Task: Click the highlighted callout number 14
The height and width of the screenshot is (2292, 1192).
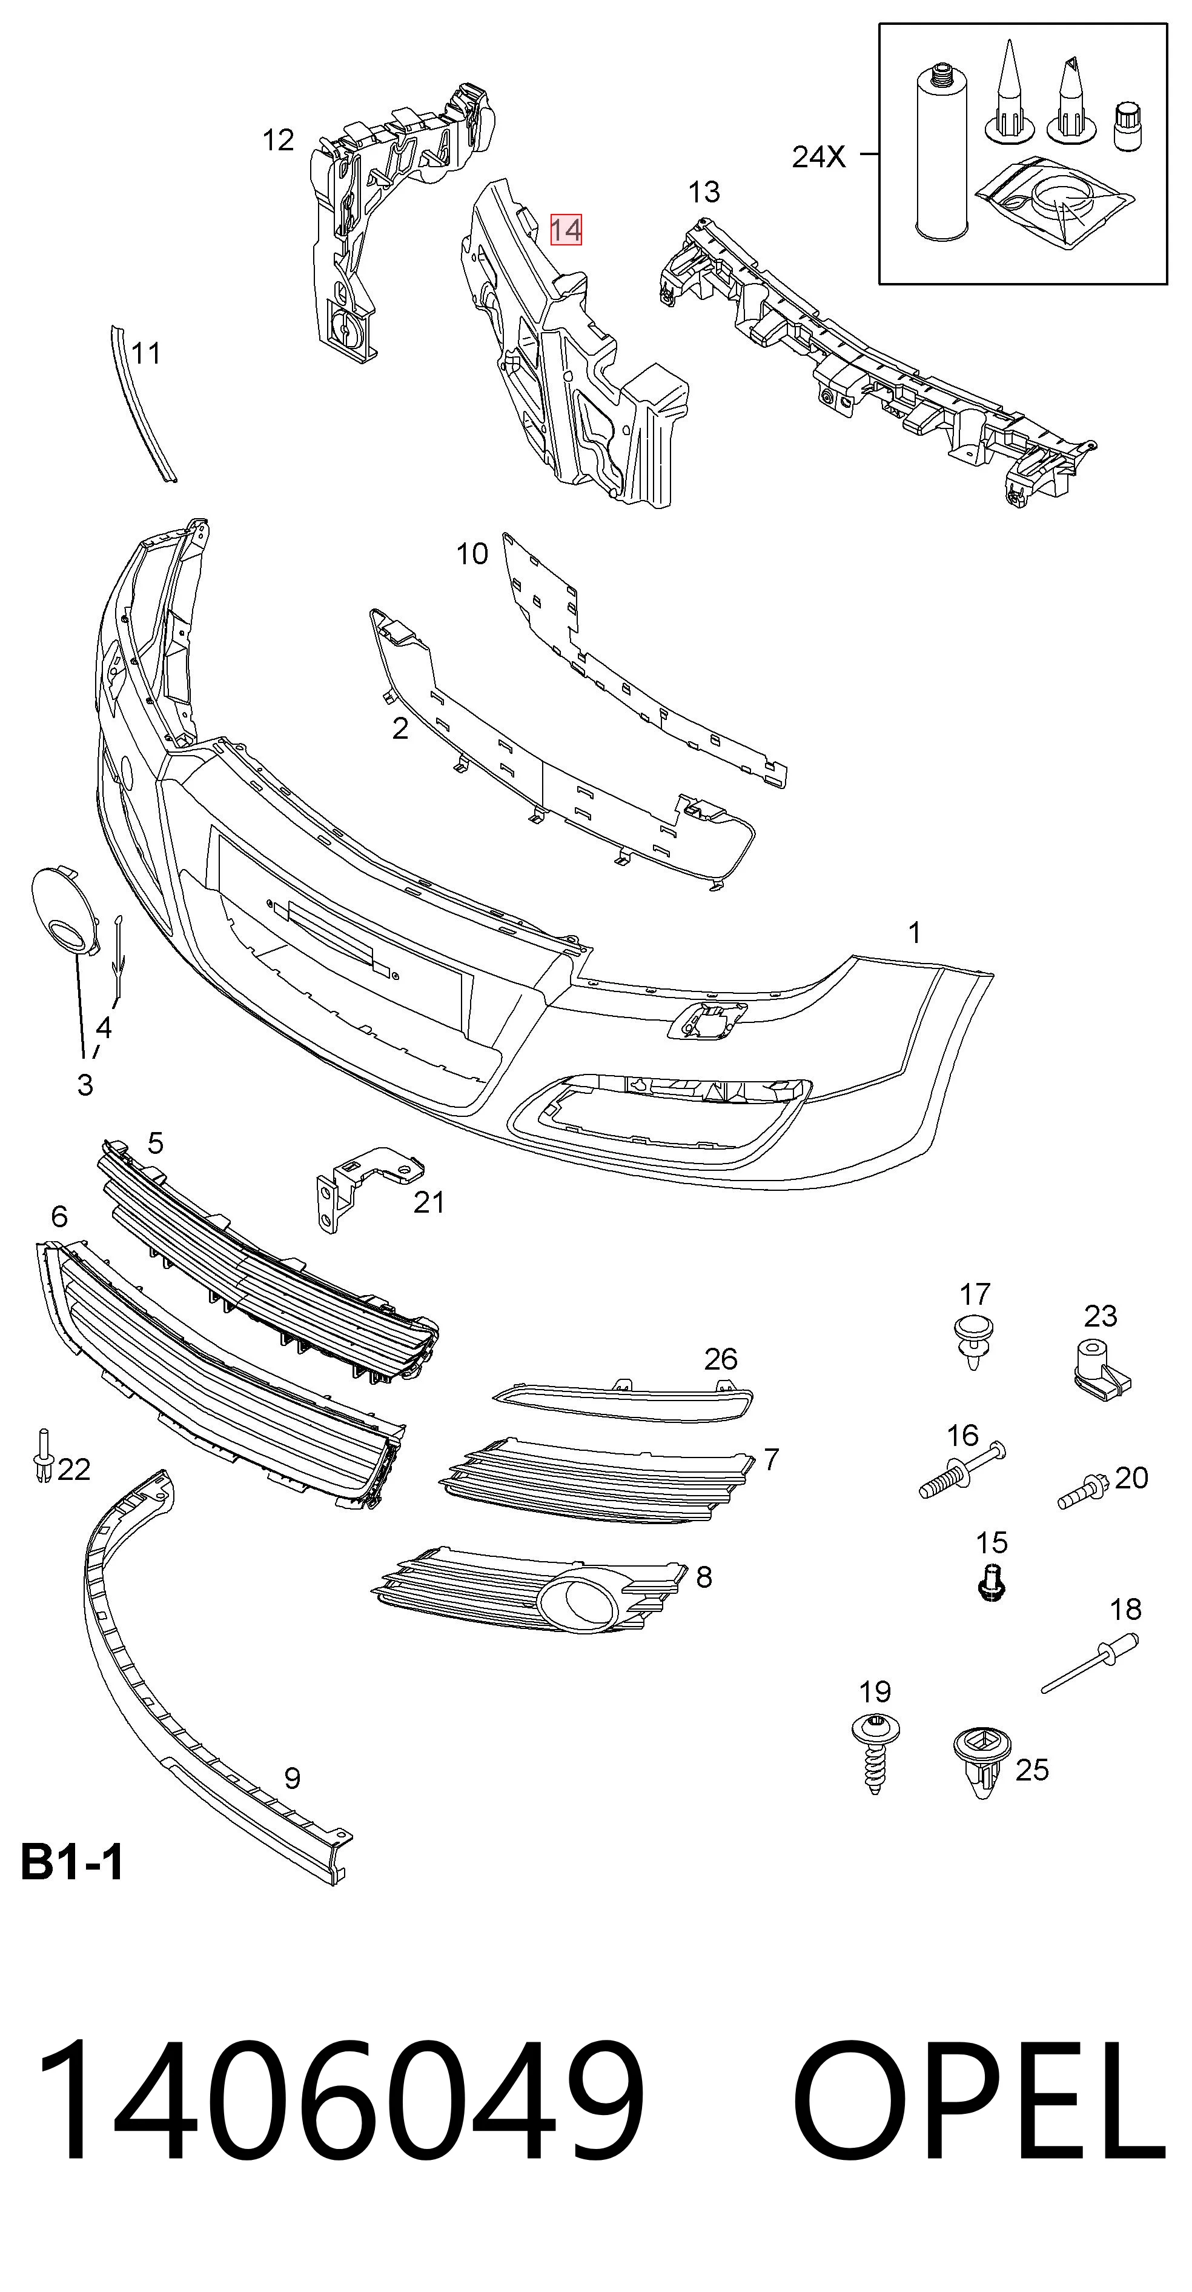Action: coord(566,230)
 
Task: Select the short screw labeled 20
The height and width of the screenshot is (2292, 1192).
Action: coord(1082,1490)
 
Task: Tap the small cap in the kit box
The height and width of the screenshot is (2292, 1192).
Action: coord(1128,126)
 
